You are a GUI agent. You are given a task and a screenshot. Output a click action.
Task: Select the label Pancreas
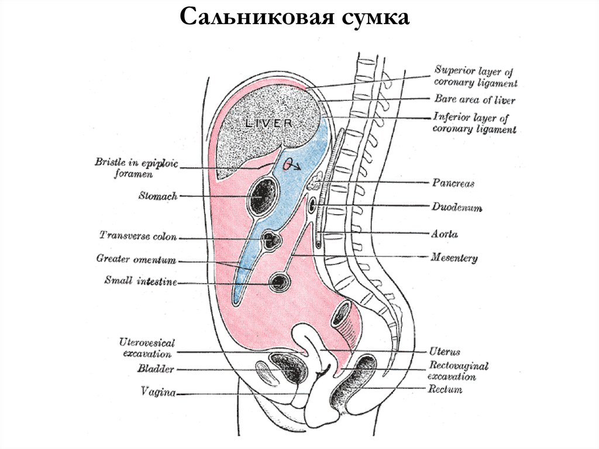[453, 183]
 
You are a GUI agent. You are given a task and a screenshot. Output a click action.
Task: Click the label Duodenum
[457, 207]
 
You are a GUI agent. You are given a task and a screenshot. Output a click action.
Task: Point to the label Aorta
[445, 234]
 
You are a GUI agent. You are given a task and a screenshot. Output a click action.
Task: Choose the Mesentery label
[454, 257]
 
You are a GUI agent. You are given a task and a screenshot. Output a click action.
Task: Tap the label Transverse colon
[138, 236]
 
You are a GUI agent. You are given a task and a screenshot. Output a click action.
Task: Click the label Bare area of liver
[474, 100]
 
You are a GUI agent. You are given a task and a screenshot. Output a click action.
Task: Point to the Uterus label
[445, 352]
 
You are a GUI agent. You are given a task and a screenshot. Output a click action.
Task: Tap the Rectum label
[445, 389]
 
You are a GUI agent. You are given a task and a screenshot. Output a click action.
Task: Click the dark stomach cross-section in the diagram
[261, 197]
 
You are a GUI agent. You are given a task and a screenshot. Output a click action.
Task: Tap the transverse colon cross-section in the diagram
[270, 240]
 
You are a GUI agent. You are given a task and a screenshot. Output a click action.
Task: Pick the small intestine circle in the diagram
[279, 282]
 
